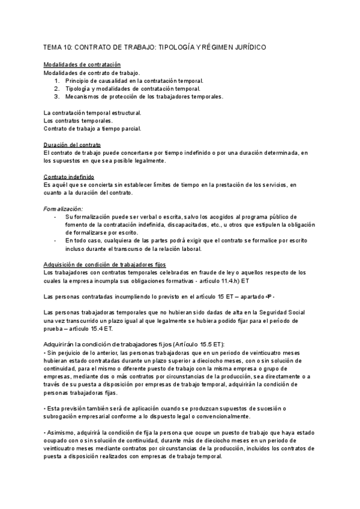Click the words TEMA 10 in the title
click(58, 47)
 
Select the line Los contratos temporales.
click(77, 120)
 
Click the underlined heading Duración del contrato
click(73, 146)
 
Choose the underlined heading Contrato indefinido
click(69, 177)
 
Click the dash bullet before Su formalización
click(55, 216)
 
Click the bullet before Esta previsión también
click(46, 408)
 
